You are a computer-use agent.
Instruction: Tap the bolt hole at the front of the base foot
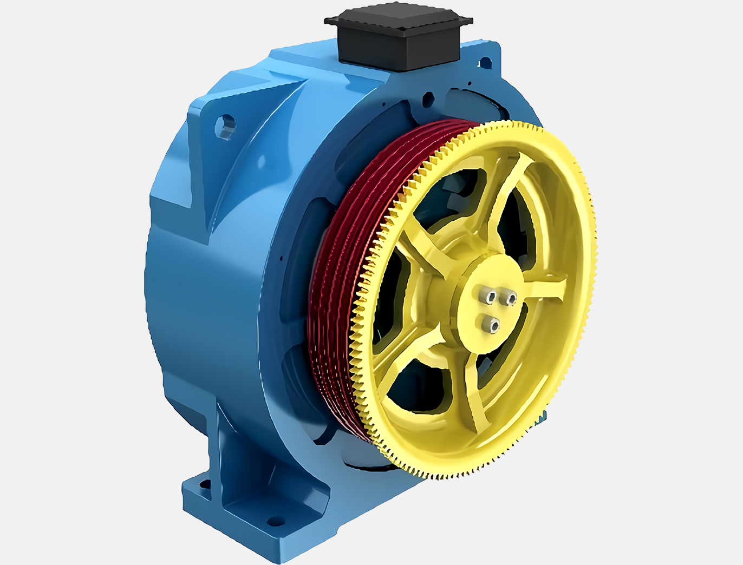(276, 522)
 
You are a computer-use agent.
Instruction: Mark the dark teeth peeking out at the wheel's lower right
(542, 417)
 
